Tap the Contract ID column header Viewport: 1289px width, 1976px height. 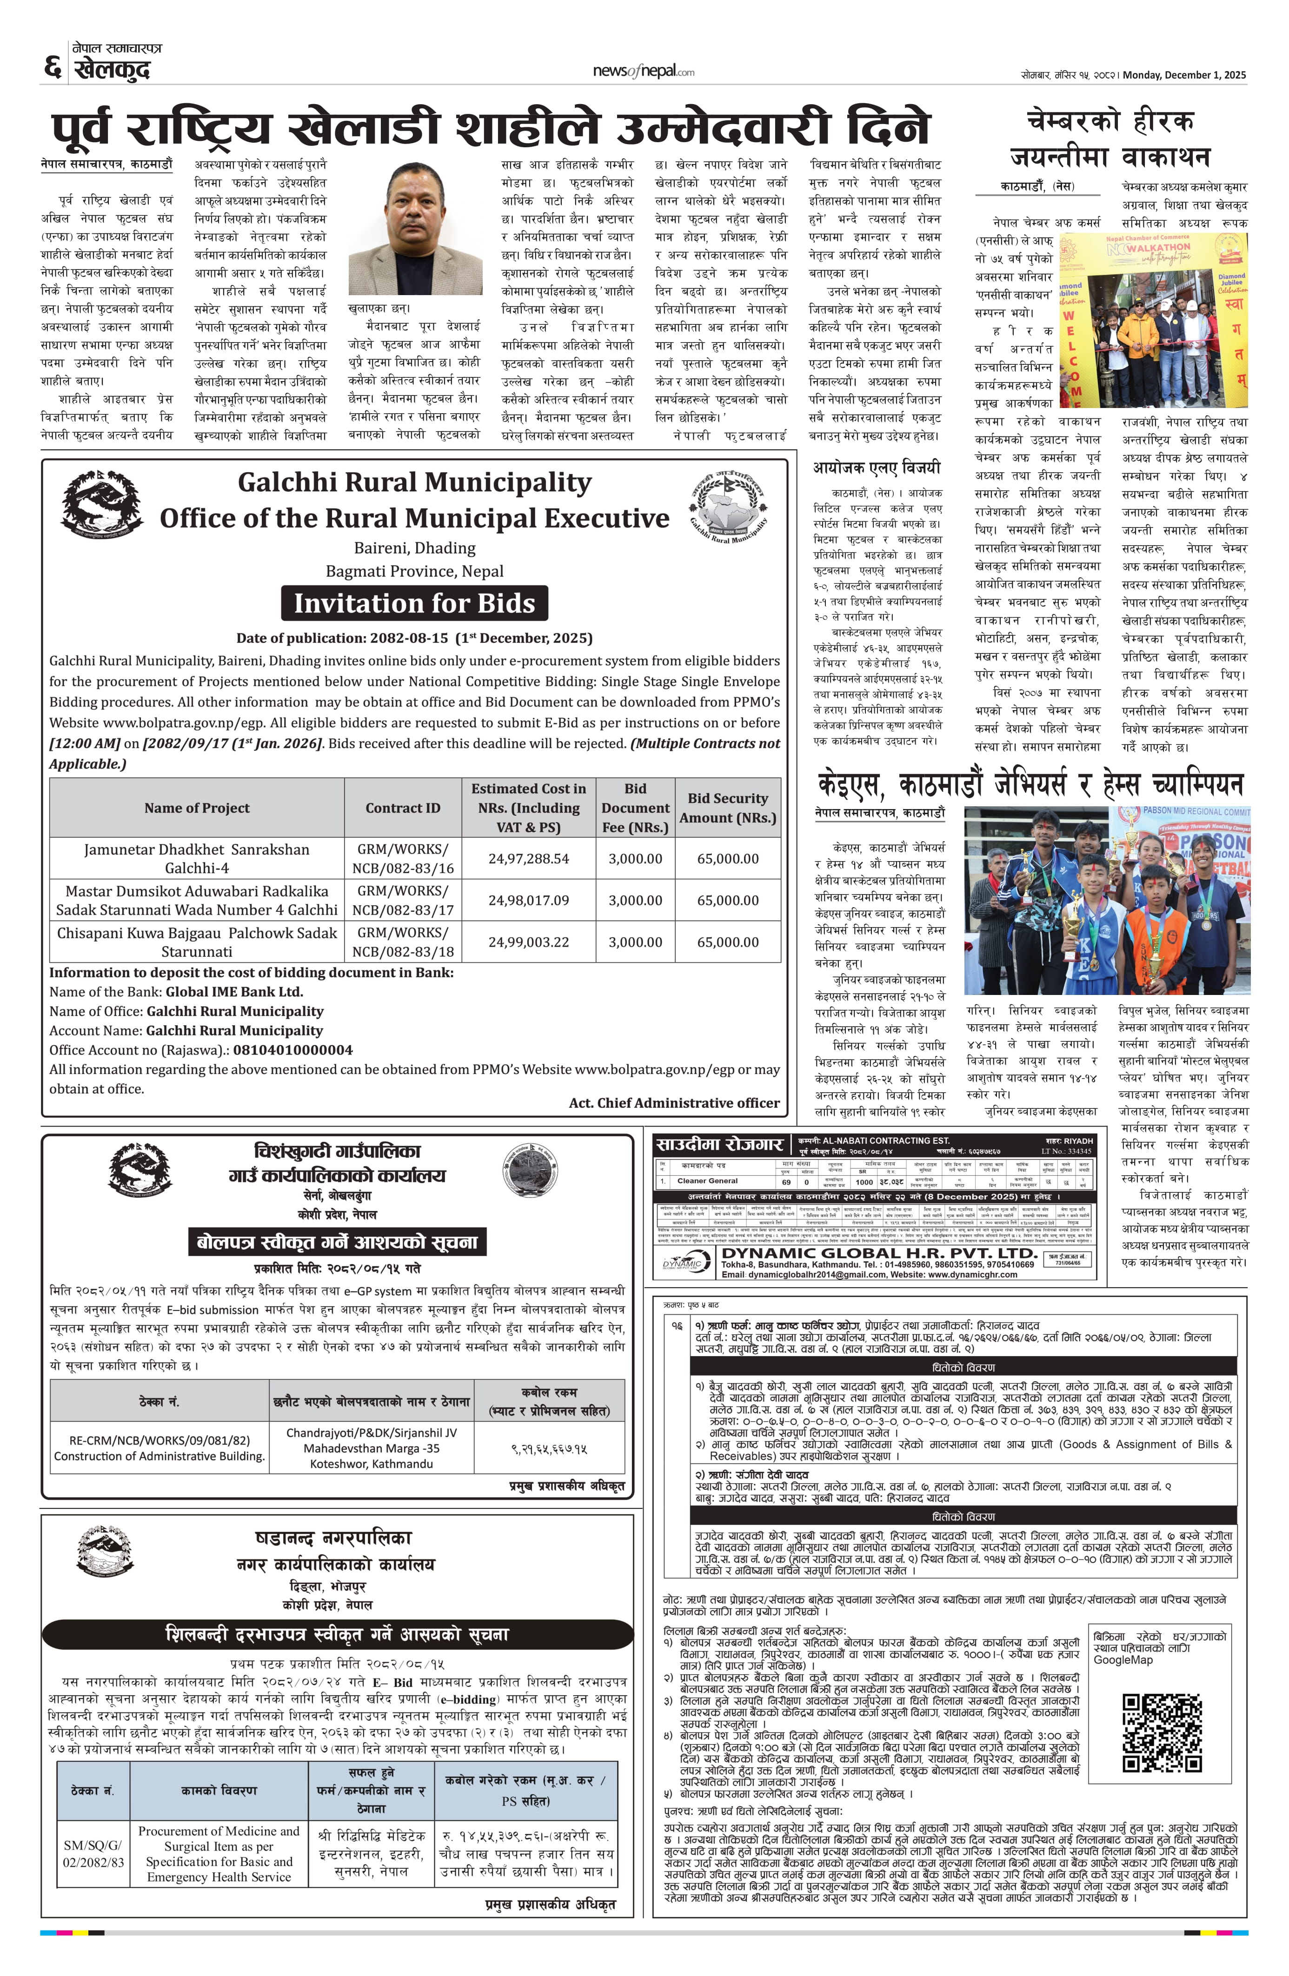coord(403,808)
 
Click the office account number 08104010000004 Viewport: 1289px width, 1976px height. coord(292,1049)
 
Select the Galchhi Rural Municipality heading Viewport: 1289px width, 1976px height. coord(414,482)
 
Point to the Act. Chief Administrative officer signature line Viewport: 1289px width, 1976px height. coord(674,1103)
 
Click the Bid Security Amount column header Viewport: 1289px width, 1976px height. coord(728,808)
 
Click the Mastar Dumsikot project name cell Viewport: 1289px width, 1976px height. coord(197,900)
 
